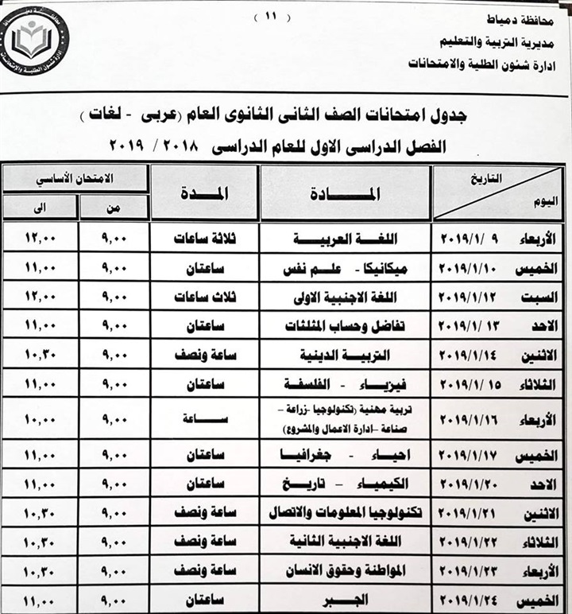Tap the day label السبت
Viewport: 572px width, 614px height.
tap(547, 297)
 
